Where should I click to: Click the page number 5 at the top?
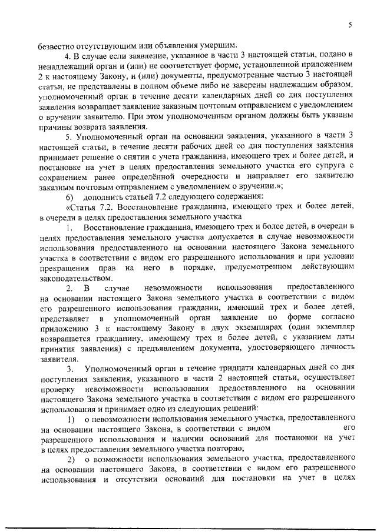349,25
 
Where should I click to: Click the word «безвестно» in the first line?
57,46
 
